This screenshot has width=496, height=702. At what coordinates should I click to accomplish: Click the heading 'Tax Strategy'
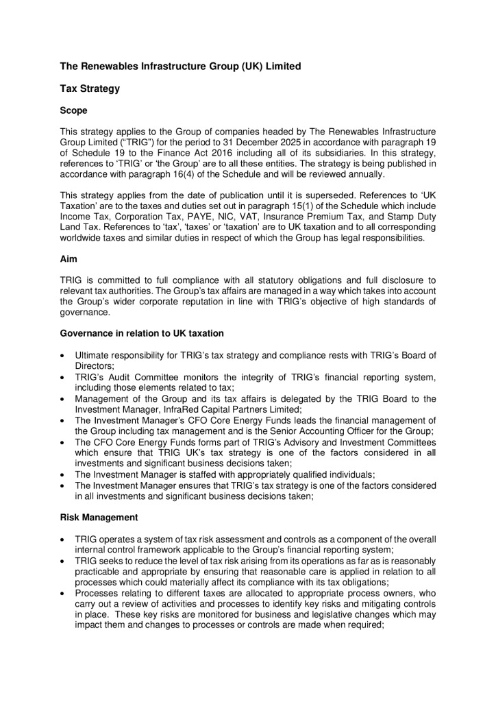pos(90,88)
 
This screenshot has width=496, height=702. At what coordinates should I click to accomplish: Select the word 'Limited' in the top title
pos(283,66)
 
